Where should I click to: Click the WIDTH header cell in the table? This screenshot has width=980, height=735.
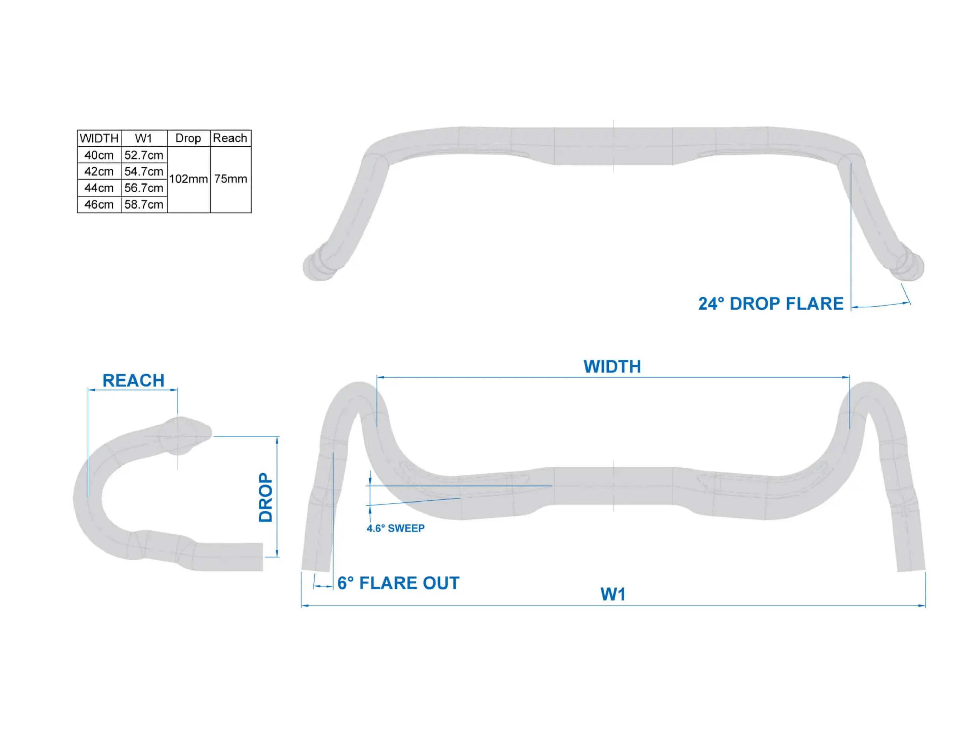(x=99, y=138)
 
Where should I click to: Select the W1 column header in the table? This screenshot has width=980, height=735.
(x=143, y=138)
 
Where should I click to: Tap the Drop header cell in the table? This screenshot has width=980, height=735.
(x=188, y=138)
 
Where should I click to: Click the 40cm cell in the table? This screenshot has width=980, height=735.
(x=99, y=155)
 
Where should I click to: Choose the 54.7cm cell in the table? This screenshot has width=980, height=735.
(x=143, y=171)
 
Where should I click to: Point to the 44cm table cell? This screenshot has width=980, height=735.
(x=99, y=188)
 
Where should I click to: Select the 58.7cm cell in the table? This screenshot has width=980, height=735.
(x=143, y=204)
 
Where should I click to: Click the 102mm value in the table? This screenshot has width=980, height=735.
(x=188, y=179)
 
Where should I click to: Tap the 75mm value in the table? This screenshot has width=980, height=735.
(x=230, y=179)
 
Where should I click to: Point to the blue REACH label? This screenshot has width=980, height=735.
(x=133, y=381)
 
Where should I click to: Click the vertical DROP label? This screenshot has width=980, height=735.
(x=266, y=497)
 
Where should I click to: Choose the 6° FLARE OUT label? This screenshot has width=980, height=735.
(x=398, y=583)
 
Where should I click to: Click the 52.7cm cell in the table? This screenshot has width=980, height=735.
(x=143, y=155)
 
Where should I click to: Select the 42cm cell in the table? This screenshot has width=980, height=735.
(x=99, y=171)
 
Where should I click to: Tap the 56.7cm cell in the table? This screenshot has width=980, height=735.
(x=143, y=188)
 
